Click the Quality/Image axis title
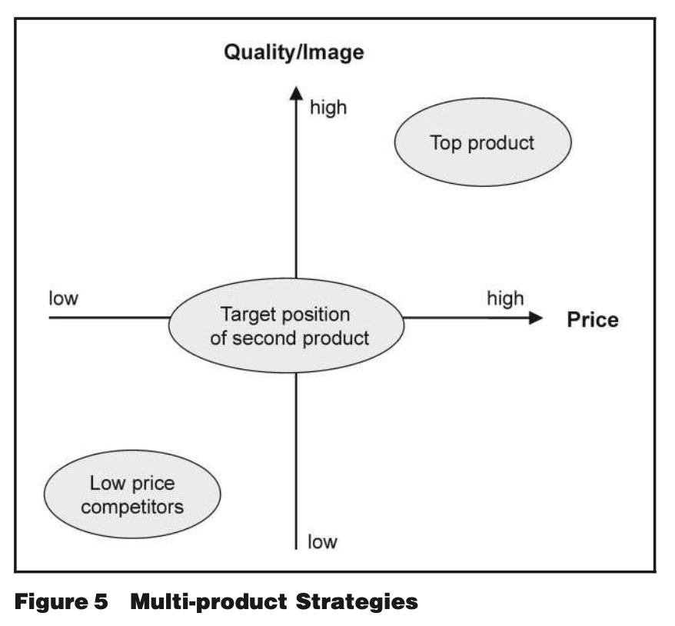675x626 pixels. pos(293,53)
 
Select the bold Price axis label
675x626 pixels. pos(592,320)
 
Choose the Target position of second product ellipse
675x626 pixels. pos(285,325)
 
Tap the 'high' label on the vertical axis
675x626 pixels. pos(328,108)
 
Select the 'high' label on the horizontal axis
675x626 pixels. pos(504,298)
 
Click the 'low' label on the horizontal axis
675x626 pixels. pos(63,298)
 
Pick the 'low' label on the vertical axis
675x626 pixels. pos(322,542)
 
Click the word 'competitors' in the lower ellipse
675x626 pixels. pos(132,507)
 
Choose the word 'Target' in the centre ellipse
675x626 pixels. pos(248,315)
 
